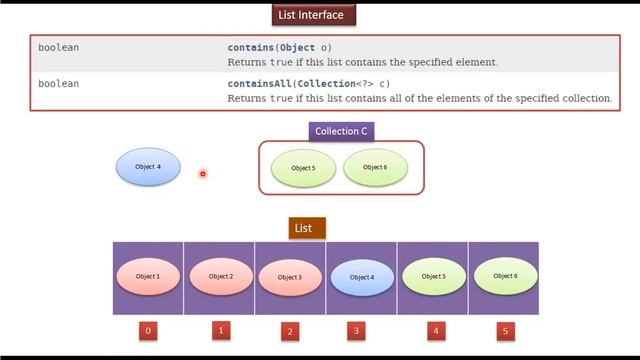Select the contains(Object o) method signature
tap(279, 47)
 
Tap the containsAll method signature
tap(308, 84)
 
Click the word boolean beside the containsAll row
tap(58, 84)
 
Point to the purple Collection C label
tap(341, 131)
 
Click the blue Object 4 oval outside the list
tap(148, 167)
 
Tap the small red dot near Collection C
tap(202, 174)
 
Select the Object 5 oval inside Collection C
tap(303, 168)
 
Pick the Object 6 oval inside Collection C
tap(375, 167)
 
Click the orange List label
tap(303, 228)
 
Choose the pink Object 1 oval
tap(148, 277)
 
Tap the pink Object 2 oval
tap(220, 277)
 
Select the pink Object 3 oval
tap(289, 277)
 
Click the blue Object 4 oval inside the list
tap(361, 277)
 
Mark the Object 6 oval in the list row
tap(505, 276)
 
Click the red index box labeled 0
tap(148, 329)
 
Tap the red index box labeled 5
tap(504, 329)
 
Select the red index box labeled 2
tap(290, 330)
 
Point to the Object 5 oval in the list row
tap(433, 276)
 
